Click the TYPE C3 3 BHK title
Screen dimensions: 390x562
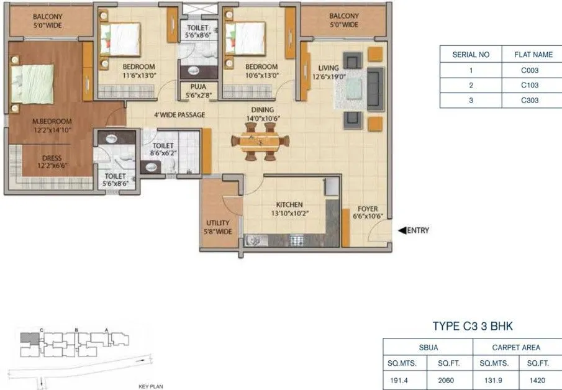click(473, 326)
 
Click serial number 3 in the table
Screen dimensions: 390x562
click(471, 100)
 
